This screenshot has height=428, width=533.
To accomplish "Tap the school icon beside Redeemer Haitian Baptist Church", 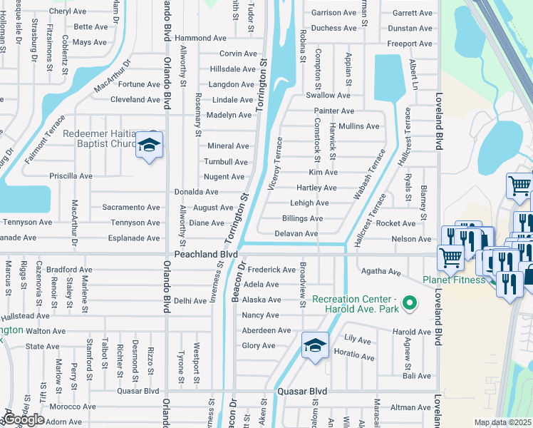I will pyautogui.click(x=149, y=146).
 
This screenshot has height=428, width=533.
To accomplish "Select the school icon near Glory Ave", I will pyautogui.click(x=314, y=347).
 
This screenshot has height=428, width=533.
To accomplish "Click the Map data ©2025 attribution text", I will pyautogui.click(x=502, y=422).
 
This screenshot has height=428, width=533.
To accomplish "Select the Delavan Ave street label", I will pyautogui.click(x=296, y=233).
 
